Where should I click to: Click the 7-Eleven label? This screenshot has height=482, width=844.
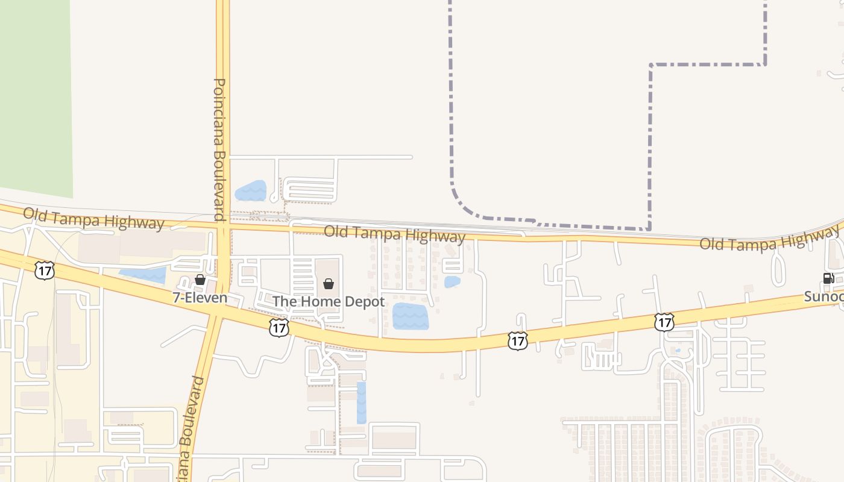tap(200, 298)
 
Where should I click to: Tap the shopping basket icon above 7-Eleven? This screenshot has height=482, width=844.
tap(200, 280)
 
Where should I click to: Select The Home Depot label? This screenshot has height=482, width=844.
tap(329, 301)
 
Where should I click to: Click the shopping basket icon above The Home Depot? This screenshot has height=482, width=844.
tap(329, 284)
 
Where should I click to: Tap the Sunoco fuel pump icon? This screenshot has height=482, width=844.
tap(828, 278)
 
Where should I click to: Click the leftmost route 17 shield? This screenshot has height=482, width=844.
tap(44, 271)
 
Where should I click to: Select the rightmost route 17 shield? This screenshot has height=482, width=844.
tap(664, 322)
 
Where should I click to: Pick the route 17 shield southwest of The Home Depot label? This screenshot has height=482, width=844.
tap(279, 328)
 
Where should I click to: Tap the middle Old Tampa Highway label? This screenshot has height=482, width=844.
tap(395, 235)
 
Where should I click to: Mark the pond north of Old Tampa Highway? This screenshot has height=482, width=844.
tap(250, 191)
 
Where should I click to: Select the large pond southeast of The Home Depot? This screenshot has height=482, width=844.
tap(411, 316)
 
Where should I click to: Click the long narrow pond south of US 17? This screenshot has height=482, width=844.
tap(361, 402)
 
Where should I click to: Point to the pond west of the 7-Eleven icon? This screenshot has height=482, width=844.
tap(143, 275)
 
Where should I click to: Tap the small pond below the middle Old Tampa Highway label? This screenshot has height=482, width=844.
tap(452, 281)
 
